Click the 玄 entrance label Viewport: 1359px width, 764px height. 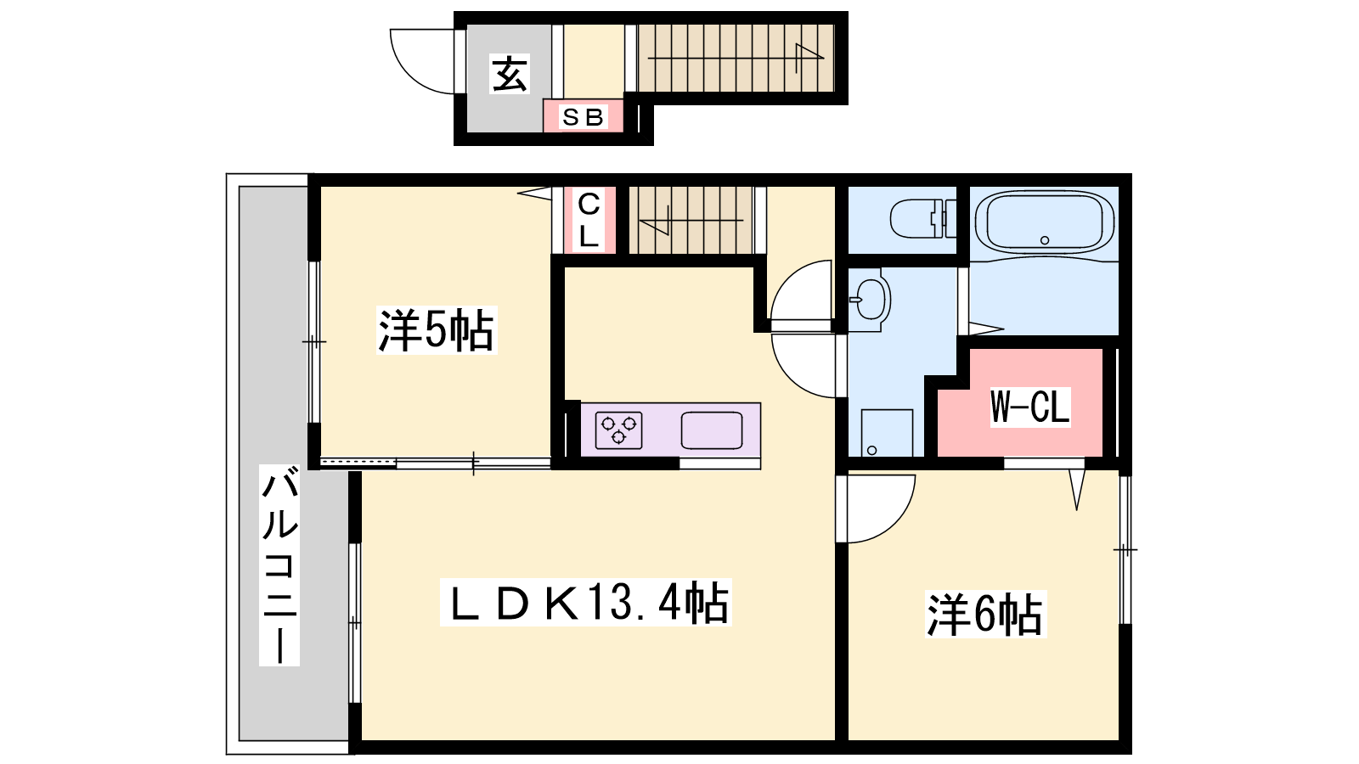tap(510, 74)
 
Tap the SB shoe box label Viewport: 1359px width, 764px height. tap(584, 117)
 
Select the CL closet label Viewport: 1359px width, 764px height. tap(589, 220)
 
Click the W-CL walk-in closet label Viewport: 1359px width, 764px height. tap(1030, 407)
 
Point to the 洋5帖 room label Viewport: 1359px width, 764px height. tap(437, 330)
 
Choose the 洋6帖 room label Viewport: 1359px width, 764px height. tap(985, 614)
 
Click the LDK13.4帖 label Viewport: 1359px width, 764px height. tap(585, 602)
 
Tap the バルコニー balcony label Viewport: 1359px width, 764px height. tap(279, 565)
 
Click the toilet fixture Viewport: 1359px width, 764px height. tap(922, 218)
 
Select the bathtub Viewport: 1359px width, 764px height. tap(1044, 222)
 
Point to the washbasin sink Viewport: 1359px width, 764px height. tap(870, 300)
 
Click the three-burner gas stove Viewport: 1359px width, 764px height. tap(619, 430)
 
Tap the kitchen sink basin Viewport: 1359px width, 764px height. tap(712, 430)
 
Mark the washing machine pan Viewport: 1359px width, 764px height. tap(887, 433)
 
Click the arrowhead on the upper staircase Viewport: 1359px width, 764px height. tap(809, 58)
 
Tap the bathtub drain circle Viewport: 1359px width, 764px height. tap(1045, 240)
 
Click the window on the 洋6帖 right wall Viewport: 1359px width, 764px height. tap(1125, 549)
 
